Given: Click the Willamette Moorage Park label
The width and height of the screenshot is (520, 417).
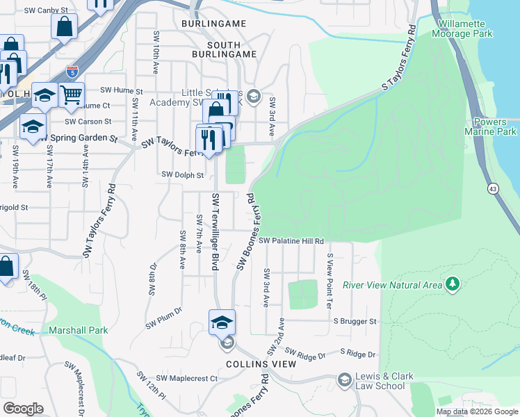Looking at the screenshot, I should click(465, 28).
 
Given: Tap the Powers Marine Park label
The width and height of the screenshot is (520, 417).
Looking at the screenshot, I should click(491, 126).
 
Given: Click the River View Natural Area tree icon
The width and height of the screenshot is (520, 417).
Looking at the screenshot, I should click(453, 284).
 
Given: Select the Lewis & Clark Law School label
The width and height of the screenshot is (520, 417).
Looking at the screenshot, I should click(380, 381).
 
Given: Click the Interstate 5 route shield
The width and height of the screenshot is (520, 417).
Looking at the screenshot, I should click(73, 70).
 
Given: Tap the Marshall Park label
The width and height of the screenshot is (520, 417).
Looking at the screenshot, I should click(78, 330).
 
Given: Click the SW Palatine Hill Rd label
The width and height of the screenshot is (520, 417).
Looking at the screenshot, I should click(292, 240).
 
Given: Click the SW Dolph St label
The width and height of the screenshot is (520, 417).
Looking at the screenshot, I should click(183, 175).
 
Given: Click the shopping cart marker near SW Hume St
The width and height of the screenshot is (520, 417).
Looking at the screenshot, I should click(72, 94).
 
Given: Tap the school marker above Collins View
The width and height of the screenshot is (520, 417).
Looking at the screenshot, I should click(222, 322).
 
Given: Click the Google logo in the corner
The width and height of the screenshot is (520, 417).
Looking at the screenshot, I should click(23, 409).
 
